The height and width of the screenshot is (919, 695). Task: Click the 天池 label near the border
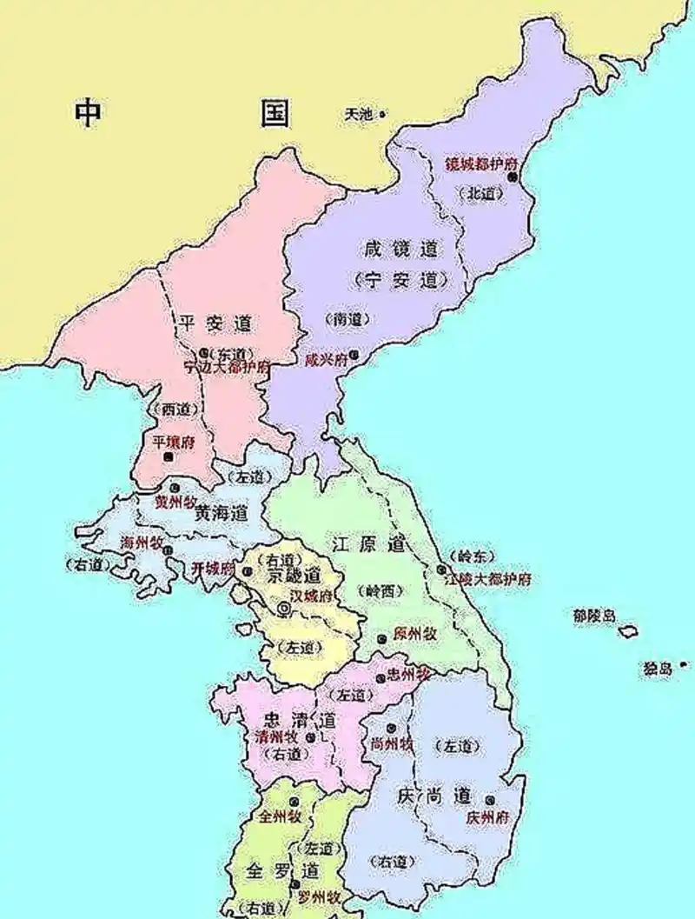coord(357,114)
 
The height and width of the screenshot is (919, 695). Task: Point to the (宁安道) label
coord(400,280)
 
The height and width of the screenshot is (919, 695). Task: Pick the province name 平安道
coord(215,323)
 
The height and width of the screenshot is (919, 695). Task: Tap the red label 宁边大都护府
coord(227,367)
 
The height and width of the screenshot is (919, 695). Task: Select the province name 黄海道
coord(222,514)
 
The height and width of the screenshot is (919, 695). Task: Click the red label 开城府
coord(213,568)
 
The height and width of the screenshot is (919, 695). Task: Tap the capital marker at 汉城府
coord(283,611)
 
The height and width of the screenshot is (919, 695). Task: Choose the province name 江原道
coord(369,545)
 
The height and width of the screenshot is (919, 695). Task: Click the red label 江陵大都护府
coord(487,578)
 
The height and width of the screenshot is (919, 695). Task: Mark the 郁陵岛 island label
coord(593,615)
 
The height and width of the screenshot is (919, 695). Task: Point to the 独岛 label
coord(657,669)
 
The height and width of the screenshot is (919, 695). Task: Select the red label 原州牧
coord(414,634)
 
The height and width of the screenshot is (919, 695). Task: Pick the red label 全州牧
coord(280,817)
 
